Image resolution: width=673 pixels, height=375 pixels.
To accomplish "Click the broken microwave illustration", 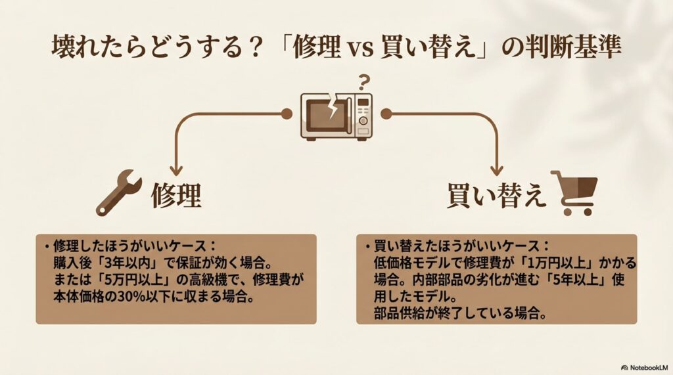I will click(x=336, y=116).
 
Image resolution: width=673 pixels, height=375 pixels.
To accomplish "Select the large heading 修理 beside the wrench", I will click(x=175, y=195).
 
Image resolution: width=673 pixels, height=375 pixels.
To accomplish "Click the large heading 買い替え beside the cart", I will click(x=497, y=195).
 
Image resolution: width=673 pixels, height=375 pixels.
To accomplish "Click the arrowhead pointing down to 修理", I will click(x=175, y=169).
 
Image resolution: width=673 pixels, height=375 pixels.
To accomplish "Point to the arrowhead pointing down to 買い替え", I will click(x=497, y=169).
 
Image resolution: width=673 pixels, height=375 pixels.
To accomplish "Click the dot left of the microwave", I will click(x=285, y=114).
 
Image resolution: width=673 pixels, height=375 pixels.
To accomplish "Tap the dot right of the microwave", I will click(x=386, y=114).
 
